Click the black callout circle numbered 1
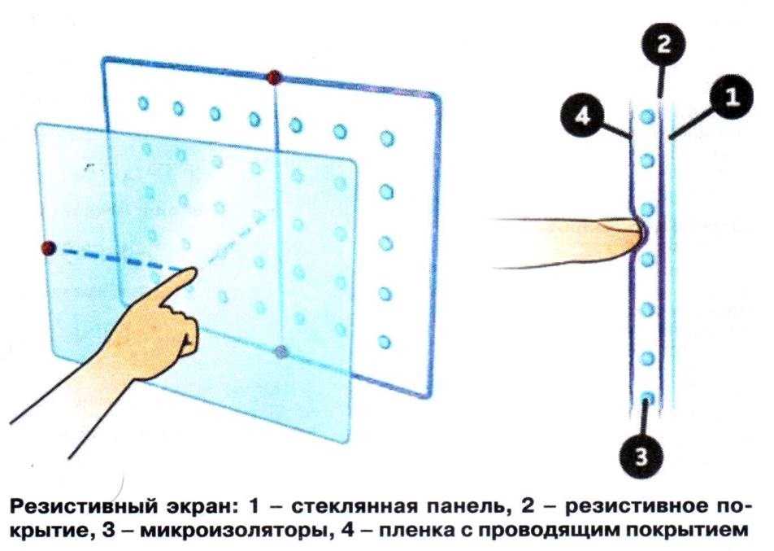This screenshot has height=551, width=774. click(732, 98)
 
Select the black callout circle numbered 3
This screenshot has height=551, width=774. click(641, 456)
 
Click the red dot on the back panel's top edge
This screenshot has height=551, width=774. click(273, 77)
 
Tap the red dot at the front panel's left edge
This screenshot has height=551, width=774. click(48, 248)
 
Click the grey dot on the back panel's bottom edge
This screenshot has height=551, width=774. click(280, 352)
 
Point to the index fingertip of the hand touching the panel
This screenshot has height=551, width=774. click(193, 271)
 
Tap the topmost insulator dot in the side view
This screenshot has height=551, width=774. click(647, 116)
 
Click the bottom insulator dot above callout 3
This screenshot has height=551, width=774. click(648, 398)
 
